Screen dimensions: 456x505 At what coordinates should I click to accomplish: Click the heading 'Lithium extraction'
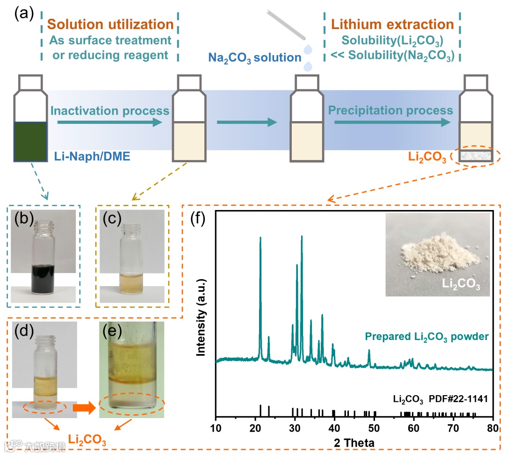point(392,24)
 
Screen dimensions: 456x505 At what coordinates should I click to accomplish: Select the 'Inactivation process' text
point(109,111)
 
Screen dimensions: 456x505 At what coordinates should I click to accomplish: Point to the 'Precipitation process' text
point(390,110)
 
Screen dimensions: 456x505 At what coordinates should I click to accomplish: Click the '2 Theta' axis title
point(354,442)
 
